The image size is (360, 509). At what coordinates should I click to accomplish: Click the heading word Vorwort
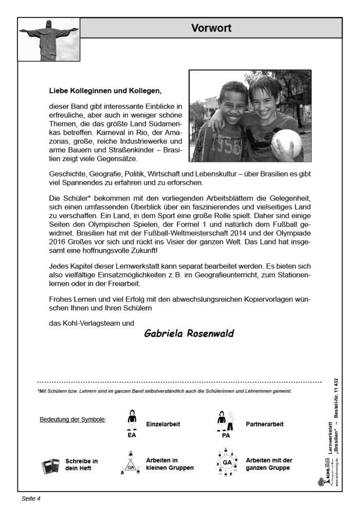[x=211, y=28]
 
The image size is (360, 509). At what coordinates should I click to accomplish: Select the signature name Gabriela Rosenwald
[x=189, y=334]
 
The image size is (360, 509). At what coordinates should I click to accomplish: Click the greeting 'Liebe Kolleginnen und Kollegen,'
[x=105, y=91]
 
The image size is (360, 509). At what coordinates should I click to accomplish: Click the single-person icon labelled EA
[x=132, y=423]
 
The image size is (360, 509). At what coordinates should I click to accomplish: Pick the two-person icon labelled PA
[x=225, y=423]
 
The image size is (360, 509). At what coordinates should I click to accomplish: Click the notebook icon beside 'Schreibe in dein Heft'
[x=50, y=465]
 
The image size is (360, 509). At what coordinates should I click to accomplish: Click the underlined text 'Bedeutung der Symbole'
[x=73, y=419]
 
